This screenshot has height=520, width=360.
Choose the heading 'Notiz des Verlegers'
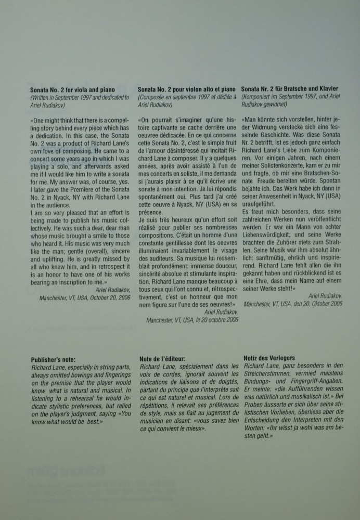[269, 358]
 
